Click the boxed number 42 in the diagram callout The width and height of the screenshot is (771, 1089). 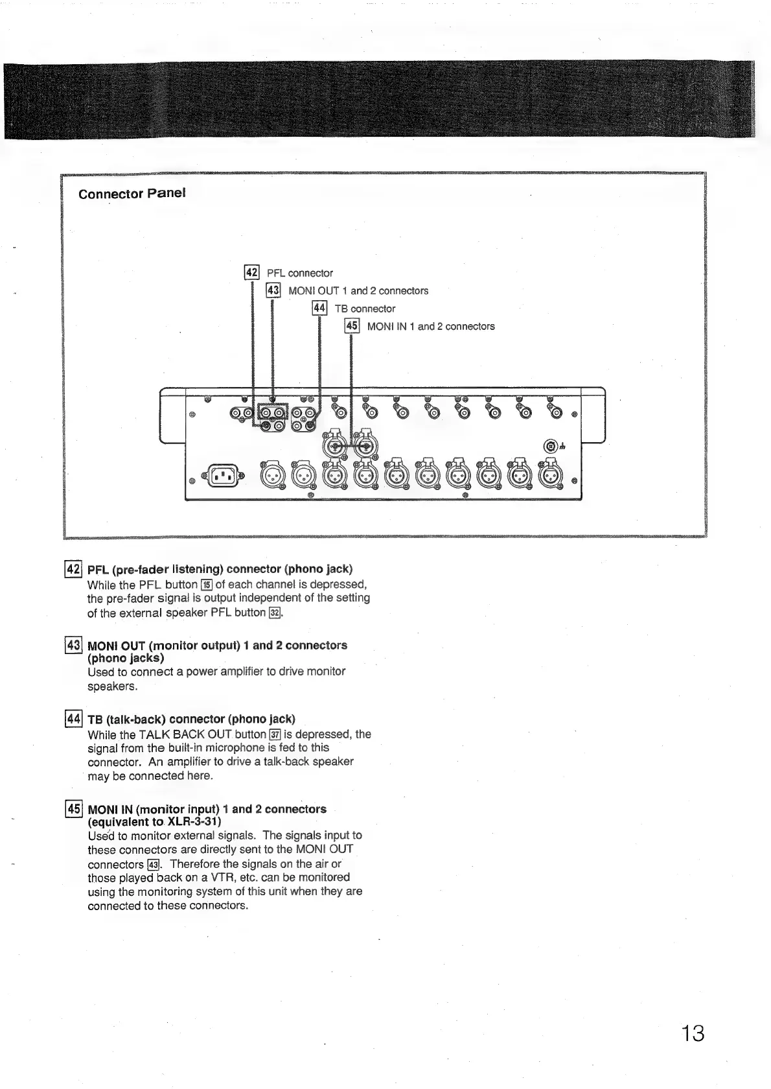[x=251, y=273]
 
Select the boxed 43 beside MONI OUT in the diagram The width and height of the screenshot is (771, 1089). [x=273, y=290]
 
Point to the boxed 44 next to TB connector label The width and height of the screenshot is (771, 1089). [x=319, y=309]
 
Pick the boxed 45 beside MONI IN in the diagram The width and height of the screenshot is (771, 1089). [x=352, y=326]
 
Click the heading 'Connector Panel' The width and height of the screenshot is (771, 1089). [x=132, y=194]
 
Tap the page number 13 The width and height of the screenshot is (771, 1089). [x=692, y=1033]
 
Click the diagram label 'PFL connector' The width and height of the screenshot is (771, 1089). [x=300, y=274]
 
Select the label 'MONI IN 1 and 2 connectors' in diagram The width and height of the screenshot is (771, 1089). [x=431, y=327]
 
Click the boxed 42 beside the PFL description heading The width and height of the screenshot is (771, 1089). [x=73, y=569]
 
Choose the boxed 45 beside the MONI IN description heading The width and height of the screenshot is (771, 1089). [x=74, y=809]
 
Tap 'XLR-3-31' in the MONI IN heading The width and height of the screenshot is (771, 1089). [x=194, y=822]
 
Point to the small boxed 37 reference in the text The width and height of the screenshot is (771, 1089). [x=275, y=734]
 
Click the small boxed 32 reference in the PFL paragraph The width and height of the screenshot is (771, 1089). [x=275, y=613]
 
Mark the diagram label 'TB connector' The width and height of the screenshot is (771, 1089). [x=365, y=309]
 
